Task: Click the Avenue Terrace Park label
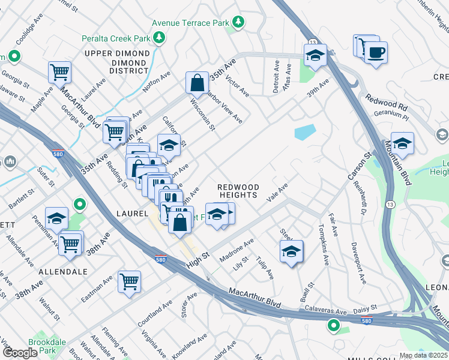(x=190, y=23)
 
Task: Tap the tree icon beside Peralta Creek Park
(x=159, y=38)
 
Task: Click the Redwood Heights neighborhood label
(x=238, y=191)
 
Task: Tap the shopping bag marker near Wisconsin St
(x=197, y=84)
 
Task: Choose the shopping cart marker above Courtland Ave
(x=129, y=281)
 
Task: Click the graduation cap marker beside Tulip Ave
(x=291, y=251)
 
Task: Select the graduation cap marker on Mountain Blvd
(x=402, y=144)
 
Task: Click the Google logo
(x=20, y=352)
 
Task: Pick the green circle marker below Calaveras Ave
(x=333, y=326)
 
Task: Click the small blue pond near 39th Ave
(x=305, y=131)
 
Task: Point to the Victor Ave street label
(x=237, y=86)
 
